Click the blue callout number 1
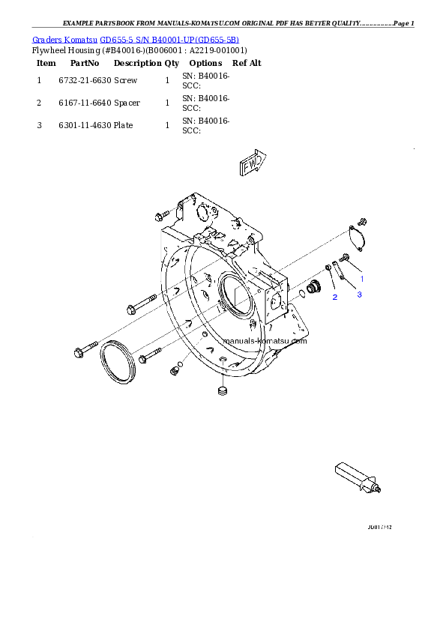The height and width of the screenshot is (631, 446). click(363, 278)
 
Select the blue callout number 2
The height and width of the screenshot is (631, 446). click(335, 298)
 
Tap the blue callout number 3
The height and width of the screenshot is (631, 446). click(359, 295)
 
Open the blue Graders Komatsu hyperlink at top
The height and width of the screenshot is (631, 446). click(136, 39)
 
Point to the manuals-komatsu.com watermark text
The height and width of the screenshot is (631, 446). click(265, 340)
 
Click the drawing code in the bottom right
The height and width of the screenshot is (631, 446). click(380, 528)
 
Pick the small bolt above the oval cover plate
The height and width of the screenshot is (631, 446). click(363, 220)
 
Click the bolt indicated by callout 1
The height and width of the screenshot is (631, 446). click(346, 259)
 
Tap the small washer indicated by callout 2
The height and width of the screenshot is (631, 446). click(329, 268)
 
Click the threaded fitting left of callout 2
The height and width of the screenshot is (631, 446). click(313, 286)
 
